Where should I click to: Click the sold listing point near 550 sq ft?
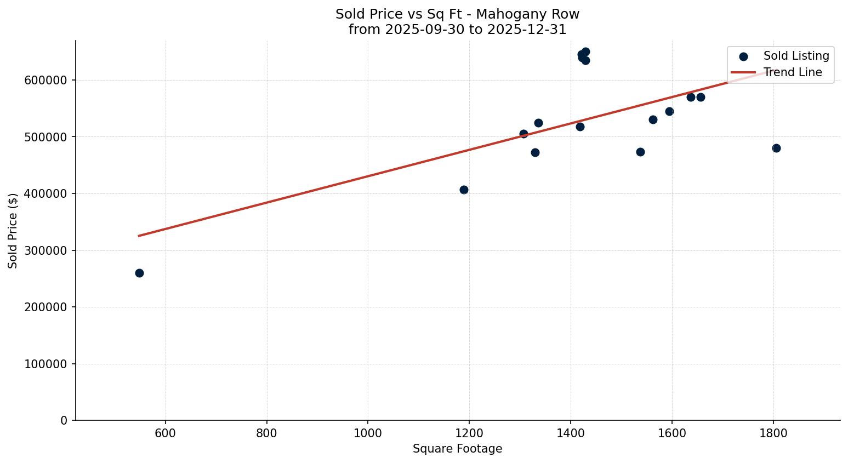139,273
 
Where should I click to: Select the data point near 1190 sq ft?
464,190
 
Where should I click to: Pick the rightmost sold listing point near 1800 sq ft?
776,148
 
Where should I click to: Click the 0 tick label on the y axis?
64,421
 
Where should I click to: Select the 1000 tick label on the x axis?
368,433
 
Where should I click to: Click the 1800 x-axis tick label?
773,433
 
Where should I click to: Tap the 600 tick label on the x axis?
166,433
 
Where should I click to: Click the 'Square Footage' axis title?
457,449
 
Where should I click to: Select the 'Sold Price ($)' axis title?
13,231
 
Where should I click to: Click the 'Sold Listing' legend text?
796,56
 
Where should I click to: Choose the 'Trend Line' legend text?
793,72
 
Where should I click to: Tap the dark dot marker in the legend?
743,56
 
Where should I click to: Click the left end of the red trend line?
139,236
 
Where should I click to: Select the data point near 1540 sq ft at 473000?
640,152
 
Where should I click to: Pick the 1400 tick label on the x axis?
571,433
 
